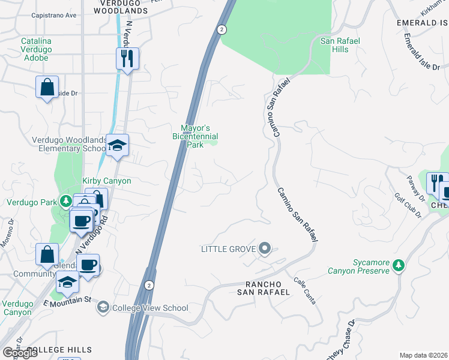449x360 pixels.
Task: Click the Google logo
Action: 20,352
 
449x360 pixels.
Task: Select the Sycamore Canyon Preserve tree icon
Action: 398,266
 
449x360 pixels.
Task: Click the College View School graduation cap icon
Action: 103,308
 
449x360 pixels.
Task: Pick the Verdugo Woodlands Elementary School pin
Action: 118,146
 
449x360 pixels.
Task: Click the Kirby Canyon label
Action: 106,181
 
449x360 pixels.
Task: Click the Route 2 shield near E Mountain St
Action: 148,284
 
